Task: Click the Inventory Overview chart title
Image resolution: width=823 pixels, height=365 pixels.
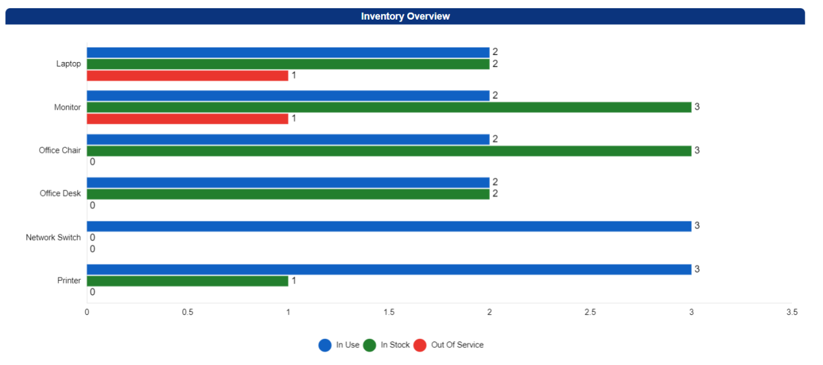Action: (x=405, y=16)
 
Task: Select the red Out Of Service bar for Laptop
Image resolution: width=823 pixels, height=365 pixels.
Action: (x=187, y=76)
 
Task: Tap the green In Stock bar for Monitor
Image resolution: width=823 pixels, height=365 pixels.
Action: (x=389, y=108)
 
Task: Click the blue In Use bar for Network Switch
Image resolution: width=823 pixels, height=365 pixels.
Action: (x=389, y=226)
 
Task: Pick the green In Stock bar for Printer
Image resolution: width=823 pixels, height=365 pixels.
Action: (x=187, y=281)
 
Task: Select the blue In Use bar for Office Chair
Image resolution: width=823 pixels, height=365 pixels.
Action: (x=288, y=139)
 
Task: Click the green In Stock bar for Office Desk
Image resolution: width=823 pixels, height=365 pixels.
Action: (x=288, y=194)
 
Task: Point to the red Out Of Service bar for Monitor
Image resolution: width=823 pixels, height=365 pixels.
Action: (x=187, y=119)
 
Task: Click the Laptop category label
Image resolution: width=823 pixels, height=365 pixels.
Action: (x=68, y=64)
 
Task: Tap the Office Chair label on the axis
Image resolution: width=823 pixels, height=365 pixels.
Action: (x=60, y=151)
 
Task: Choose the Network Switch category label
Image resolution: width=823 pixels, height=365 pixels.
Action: (x=53, y=238)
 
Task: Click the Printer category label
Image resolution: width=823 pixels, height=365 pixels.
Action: (x=69, y=281)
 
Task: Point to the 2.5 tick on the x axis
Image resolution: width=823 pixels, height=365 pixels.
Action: (x=590, y=312)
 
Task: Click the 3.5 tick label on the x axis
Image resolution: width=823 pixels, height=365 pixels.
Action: (x=791, y=312)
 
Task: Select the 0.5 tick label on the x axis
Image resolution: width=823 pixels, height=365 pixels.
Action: (x=187, y=312)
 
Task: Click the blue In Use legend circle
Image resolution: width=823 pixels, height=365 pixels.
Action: (x=325, y=345)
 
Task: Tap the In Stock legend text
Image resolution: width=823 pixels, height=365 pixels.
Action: (x=395, y=345)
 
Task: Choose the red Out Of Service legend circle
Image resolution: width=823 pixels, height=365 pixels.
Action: (x=420, y=345)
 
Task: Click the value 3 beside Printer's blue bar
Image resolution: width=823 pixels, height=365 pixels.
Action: (x=697, y=269)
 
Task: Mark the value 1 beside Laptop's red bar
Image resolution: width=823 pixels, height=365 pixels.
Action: (x=294, y=76)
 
